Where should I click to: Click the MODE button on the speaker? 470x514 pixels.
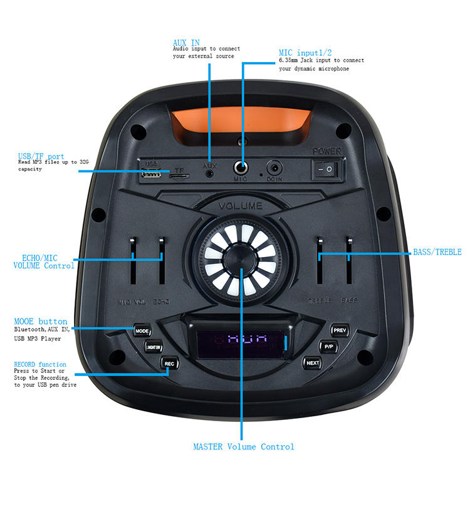tap(142, 330)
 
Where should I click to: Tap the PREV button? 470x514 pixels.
tap(340, 330)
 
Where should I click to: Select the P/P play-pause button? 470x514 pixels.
tap(328, 346)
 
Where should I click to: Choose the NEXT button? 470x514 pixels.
tap(313, 362)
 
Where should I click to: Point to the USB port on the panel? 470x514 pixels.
tap(151, 174)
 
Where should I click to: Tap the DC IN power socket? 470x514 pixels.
tap(274, 168)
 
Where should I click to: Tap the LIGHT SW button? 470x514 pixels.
tap(153, 346)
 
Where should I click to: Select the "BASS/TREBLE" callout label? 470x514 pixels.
tap(437, 252)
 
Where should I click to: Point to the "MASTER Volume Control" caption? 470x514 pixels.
tap(243, 447)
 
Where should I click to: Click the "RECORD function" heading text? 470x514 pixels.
tap(40, 364)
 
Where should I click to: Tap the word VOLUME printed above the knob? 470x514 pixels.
tap(241, 206)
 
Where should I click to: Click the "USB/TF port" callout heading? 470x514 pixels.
tap(41, 156)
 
